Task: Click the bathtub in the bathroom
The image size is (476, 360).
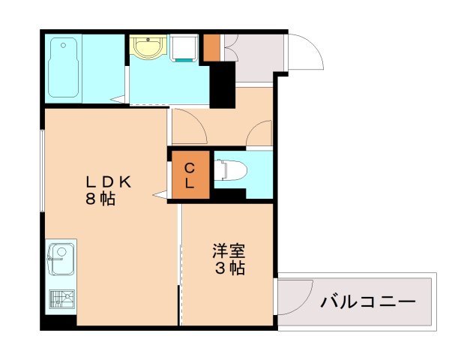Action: coord(64,68)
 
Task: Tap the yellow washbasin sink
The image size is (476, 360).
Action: coord(147,46)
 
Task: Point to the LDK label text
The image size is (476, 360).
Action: coord(108,181)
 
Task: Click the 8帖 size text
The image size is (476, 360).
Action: coord(100,199)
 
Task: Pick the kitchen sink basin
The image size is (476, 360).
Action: coord(60,260)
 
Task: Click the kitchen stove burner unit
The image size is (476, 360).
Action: coord(61,300)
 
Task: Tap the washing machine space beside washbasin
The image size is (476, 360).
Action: coord(183,48)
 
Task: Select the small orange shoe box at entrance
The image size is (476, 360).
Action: coord(211,47)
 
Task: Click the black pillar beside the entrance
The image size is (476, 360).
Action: coord(222,84)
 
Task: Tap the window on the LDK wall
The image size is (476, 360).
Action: coord(42,172)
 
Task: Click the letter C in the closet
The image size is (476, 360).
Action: coord(190,166)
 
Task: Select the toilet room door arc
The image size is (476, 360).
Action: coord(260,133)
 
